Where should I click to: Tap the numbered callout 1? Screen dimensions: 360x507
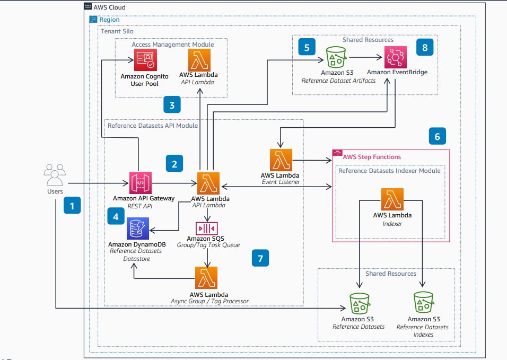pyautogui.click(x=72, y=205)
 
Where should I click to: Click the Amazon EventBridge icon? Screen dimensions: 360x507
pyautogui.click(x=395, y=55)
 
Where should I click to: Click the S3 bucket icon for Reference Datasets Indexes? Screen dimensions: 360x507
pyautogui.click(x=424, y=302)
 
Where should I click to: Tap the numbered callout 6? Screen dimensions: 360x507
pyautogui.click(x=437, y=136)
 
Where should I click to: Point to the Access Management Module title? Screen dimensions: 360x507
pyautogui.click(x=171, y=44)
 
